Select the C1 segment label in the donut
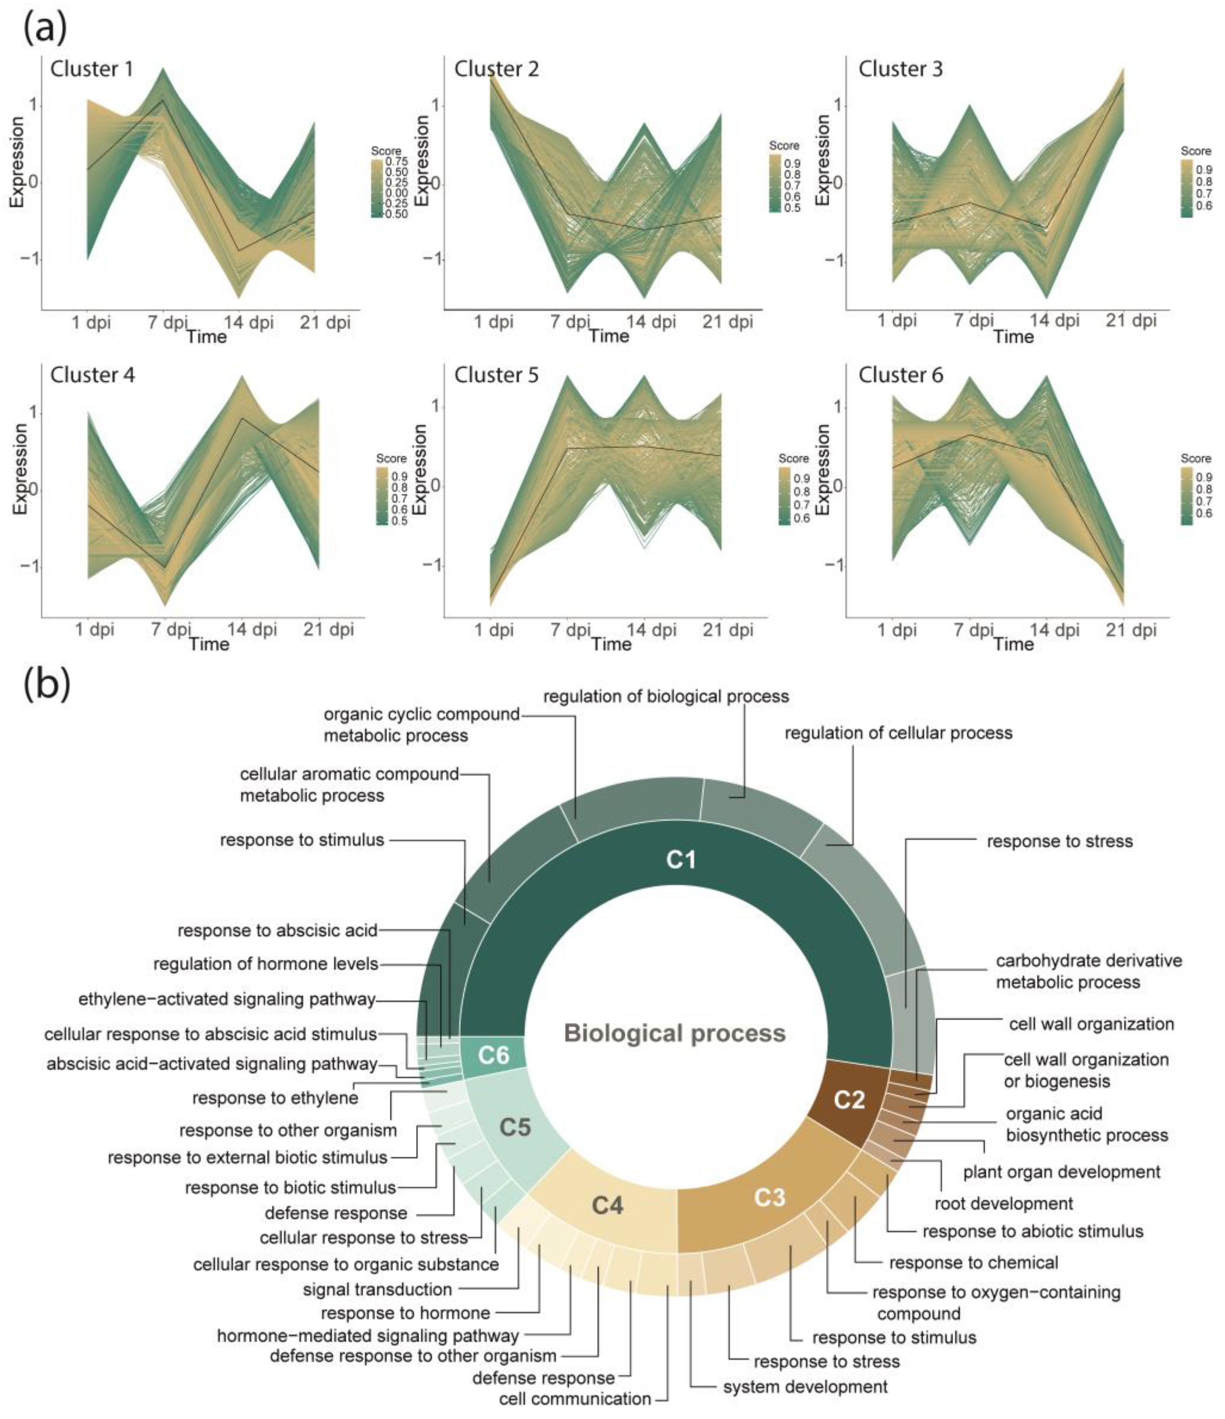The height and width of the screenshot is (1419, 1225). coord(681,859)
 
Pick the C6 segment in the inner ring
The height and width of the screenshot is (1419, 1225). coord(493,1055)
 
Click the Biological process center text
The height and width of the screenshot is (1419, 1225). coord(674,1033)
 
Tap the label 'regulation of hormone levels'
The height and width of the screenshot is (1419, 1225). coord(266,964)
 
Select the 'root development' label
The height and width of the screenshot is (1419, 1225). coord(1004,1203)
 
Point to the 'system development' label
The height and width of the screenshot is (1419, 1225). coord(805,1387)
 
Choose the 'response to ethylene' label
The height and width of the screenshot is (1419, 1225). coord(275,1098)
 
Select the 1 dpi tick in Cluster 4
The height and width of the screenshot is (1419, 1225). coord(94,629)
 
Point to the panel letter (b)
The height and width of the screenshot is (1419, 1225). coord(46,685)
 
